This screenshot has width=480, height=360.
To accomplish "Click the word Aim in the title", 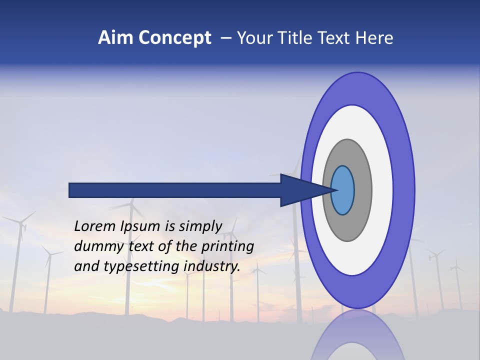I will pos(116,38).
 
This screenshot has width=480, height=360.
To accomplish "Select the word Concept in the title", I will pos(175,38).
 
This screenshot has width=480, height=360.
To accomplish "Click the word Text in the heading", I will pos(336,38).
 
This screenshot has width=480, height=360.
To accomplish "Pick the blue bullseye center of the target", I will pos(342,190).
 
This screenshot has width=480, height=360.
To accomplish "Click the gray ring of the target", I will pos(362,190).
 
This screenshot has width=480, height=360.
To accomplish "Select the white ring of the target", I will pos(382,190).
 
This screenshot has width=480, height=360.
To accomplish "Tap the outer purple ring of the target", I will pos(403,190).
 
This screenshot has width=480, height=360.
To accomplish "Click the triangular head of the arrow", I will pos(300,190).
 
